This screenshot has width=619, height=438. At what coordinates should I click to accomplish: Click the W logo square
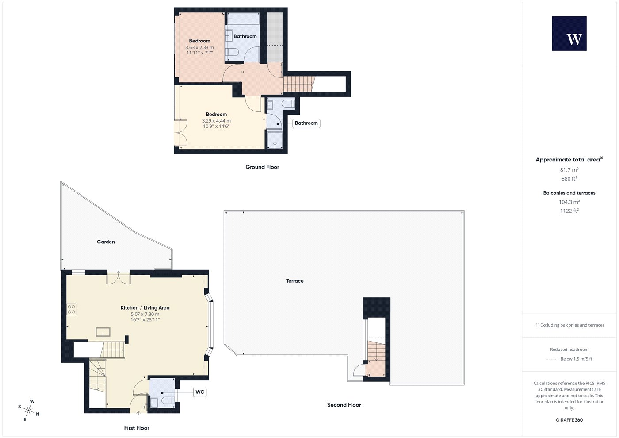point(569,34)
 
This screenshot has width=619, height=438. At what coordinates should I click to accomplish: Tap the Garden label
point(106,242)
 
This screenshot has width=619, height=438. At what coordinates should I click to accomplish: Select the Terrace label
point(294,281)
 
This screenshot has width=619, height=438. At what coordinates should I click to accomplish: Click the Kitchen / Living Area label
point(145,308)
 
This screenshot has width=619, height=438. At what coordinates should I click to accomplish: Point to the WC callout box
point(200,392)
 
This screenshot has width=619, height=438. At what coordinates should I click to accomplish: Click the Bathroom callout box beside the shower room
point(306,123)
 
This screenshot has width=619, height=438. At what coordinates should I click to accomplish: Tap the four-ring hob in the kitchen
point(71,309)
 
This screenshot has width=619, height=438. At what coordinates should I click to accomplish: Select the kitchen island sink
point(103,332)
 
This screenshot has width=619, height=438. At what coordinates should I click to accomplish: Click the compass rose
point(29,411)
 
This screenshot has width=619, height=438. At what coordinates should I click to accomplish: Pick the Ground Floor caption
point(262,167)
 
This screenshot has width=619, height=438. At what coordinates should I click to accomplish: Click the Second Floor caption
point(344,405)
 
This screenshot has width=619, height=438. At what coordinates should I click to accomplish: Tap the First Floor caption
point(137,428)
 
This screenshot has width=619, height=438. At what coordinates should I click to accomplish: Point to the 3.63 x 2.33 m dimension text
point(199,48)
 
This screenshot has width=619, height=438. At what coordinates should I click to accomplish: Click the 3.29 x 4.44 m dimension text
point(216,121)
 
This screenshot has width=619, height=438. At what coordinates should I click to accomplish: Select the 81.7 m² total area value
point(569,170)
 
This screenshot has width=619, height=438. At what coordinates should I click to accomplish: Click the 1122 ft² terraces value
point(569,211)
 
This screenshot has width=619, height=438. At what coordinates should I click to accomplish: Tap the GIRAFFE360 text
point(569,420)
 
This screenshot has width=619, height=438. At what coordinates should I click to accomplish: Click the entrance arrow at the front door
point(138,413)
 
